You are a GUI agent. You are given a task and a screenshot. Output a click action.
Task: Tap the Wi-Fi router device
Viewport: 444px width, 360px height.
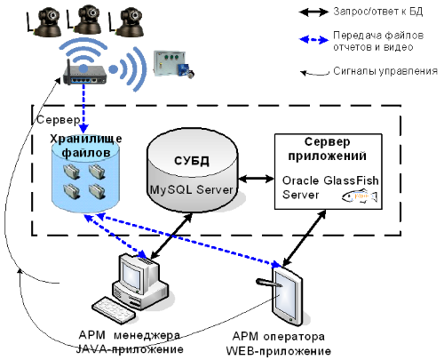click(x=84, y=75)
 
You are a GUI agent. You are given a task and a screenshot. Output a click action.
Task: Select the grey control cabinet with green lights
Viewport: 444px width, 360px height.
click(x=173, y=64)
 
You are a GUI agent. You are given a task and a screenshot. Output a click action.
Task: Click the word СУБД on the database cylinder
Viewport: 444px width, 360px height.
click(x=192, y=161)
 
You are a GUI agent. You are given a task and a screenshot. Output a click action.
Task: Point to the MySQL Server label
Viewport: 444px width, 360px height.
click(x=192, y=189)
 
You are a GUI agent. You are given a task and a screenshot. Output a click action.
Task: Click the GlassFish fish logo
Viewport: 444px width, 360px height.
click(x=360, y=196)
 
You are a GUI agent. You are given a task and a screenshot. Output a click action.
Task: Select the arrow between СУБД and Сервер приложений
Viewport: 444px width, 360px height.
click(x=257, y=179)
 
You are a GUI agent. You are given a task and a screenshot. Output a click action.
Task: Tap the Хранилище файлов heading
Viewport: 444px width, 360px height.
click(x=86, y=146)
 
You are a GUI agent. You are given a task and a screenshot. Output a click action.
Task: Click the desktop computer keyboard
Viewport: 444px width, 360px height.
click(x=114, y=310)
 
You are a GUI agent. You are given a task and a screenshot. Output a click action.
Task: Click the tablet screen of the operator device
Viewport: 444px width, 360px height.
click(x=285, y=294)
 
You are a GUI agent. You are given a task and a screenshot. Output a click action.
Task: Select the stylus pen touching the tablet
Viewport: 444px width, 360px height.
click(x=269, y=283)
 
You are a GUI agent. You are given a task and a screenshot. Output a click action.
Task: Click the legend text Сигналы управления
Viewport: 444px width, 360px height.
click(x=385, y=71)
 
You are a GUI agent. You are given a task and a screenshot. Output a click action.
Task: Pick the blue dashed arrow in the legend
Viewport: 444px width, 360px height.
click(x=313, y=39)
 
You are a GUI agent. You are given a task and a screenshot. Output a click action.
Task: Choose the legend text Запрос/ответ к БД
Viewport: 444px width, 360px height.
click(x=378, y=12)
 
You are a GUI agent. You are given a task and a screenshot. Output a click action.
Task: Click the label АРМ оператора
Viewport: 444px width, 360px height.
click(x=279, y=337)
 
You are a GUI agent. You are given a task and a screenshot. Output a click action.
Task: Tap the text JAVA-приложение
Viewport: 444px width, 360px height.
click(x=130, y=349)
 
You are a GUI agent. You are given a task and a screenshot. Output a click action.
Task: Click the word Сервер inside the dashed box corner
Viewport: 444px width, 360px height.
click(x=59, y=120)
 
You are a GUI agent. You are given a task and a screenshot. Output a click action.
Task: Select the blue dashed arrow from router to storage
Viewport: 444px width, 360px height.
click(x=83, y=109)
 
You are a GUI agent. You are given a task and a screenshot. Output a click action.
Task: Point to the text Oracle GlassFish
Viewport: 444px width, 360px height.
click(x=330, y=180)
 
